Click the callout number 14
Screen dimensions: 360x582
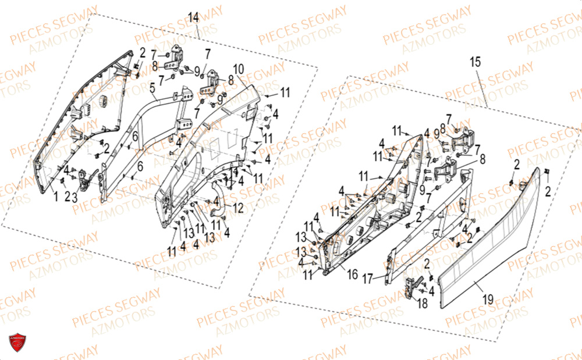(x=194, y=17)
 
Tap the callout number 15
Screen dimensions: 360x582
(x=475, y=61)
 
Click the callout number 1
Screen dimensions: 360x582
(x=56, y=197)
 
